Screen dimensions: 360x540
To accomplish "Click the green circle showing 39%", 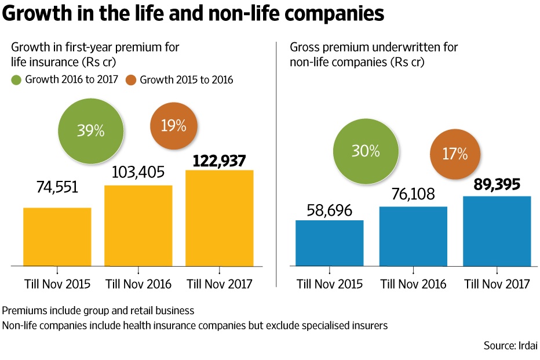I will [91, 130].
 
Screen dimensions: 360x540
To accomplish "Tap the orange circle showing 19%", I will [174, 126].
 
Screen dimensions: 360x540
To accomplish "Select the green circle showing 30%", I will [365, 151].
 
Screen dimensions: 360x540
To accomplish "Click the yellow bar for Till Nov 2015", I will [57, 237].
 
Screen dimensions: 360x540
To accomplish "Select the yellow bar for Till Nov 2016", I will [138, 226].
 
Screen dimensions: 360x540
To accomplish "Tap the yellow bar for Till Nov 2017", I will [219, 218].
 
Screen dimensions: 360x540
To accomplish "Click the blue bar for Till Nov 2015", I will [330, 243].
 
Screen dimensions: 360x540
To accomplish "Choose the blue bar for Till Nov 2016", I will [413, 236].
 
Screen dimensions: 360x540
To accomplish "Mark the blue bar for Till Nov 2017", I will [497, 231].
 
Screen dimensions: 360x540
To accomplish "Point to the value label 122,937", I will [219, 161].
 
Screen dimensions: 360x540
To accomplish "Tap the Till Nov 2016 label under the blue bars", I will [413, 284].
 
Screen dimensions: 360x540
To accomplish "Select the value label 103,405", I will [138, 172].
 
